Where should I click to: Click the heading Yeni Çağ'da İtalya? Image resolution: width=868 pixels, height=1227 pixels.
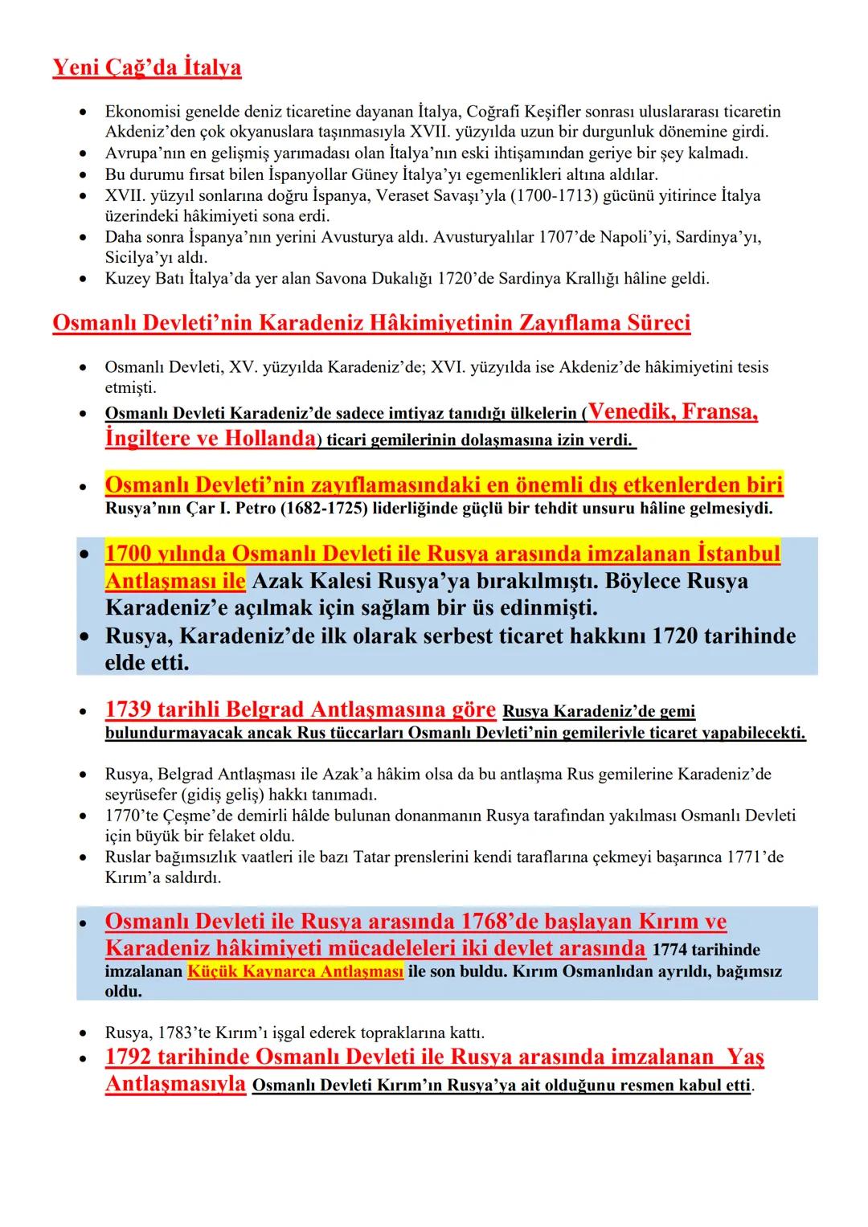coord(146,67)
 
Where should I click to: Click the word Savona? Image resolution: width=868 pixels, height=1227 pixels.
coord(308,279)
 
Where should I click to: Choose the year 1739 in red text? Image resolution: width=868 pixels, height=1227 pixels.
coord(129,710)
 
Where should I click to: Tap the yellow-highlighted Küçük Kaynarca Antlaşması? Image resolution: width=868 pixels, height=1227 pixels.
coord(295,971)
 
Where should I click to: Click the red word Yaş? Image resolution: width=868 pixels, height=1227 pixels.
coord(745,1057)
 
